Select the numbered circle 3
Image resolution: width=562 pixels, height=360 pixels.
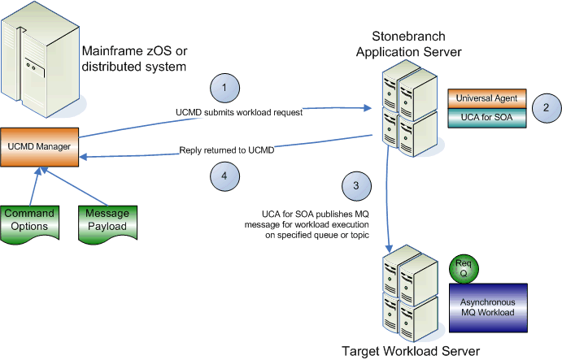355,186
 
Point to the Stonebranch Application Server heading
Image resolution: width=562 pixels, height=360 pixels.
416,45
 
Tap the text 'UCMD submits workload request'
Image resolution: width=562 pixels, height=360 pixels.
239,113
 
